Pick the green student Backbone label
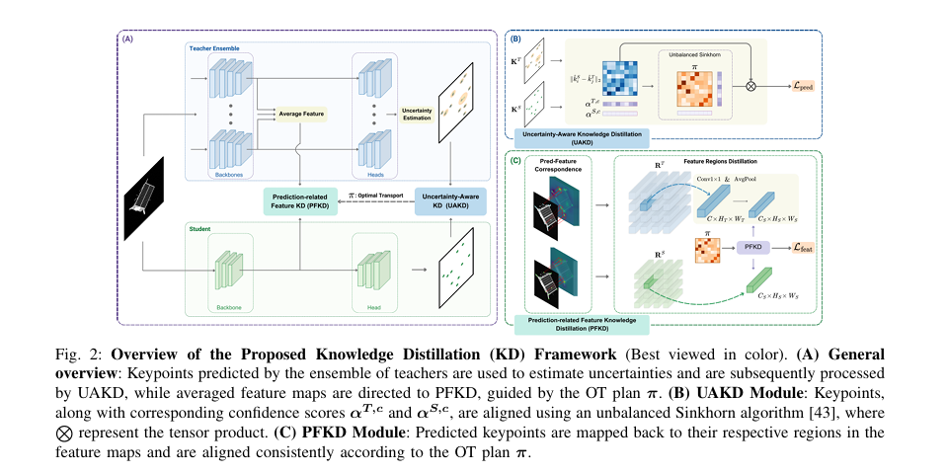229,307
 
